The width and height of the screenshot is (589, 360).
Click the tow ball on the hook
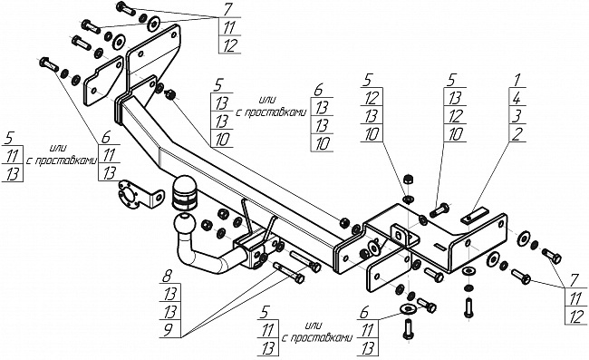(x=185, y=225)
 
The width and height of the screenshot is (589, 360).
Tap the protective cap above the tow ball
(x=184, y=192)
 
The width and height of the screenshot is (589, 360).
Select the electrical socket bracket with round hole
(x=140, y=195)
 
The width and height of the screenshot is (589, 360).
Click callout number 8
(x=167, y=277)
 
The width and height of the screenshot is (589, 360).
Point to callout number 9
(x=168, y=329)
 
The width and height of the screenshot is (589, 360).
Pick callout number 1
(x=517, y=80)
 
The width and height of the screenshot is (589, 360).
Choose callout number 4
(x=517, y=98)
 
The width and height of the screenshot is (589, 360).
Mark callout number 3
(x=517, y=116)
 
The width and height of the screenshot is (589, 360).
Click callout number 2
(x=517, y=134)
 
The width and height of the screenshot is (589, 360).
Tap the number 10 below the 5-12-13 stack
(x=372, y=134)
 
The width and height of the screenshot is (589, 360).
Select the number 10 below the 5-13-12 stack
(x=455, y=134)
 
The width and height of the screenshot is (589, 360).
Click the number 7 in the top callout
(x=227, y=10)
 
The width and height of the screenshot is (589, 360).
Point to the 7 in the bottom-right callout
(x=575, y=281)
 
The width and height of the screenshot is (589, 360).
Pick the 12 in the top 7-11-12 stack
(x=230, y=45)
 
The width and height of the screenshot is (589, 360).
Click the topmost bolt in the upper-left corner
(x=126, y=8)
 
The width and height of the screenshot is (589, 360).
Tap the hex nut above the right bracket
(x=409, y=179)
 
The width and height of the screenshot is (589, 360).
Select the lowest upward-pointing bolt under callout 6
(x=409, y=329)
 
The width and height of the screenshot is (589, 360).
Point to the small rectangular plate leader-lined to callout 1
(x=475, y=217)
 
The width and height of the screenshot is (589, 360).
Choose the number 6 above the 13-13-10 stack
(x=318, y=90)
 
